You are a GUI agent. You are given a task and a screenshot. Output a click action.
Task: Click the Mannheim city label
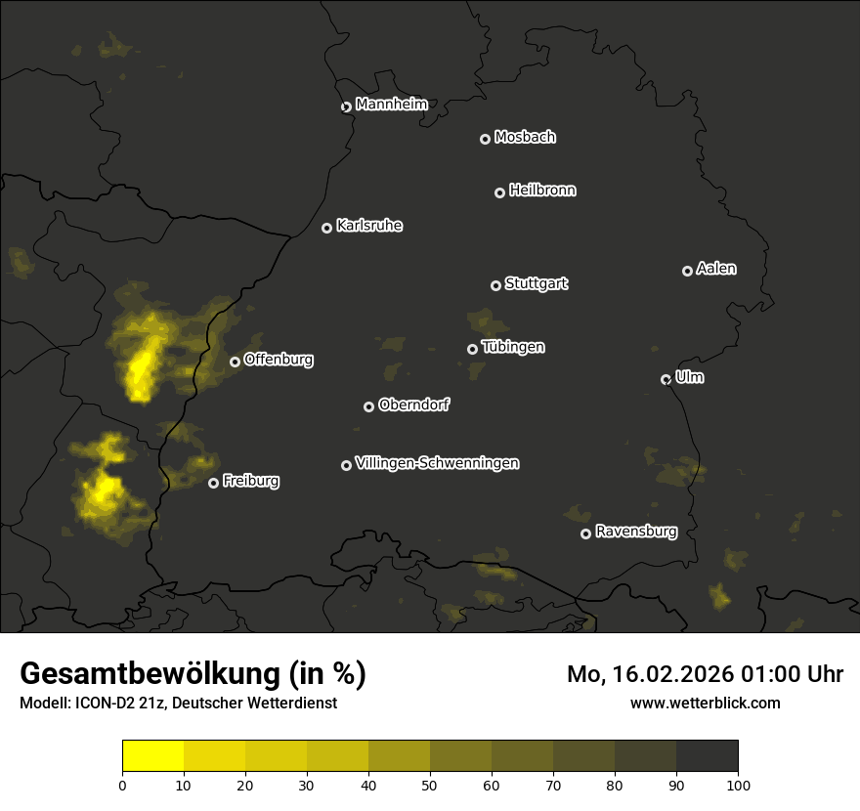[391, 105]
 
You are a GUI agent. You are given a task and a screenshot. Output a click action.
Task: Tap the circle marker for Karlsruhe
[326, 228]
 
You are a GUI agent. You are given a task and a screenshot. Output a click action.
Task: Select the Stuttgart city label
[536, 284]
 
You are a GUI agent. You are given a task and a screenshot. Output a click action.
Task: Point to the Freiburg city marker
[213, 483]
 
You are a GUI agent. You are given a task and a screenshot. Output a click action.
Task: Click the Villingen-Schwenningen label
[437, 463]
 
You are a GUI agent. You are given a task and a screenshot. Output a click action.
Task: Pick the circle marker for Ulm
[666, 379]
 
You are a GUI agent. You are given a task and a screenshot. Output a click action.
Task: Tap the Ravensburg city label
[635, 533]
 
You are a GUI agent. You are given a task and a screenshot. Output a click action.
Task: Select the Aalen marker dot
[687, 271]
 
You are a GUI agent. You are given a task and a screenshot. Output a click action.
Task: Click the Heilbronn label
[542, 191]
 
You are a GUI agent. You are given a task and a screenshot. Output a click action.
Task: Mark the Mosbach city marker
[485, 139]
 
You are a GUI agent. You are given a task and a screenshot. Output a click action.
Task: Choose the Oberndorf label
[413, 405]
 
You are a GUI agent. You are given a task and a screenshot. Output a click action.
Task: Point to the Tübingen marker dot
[472, 349]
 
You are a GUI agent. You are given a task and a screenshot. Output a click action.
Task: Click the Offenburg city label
[279, 360]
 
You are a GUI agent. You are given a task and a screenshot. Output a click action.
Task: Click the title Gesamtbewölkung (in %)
[193, 674]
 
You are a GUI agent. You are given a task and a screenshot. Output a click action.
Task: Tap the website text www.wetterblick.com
[705, 703]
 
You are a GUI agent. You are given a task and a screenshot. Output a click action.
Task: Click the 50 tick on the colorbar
[430, 784]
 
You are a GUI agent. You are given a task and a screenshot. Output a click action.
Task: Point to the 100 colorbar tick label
[738, 784]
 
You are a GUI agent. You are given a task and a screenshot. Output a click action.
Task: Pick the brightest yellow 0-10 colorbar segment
[153, 756]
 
